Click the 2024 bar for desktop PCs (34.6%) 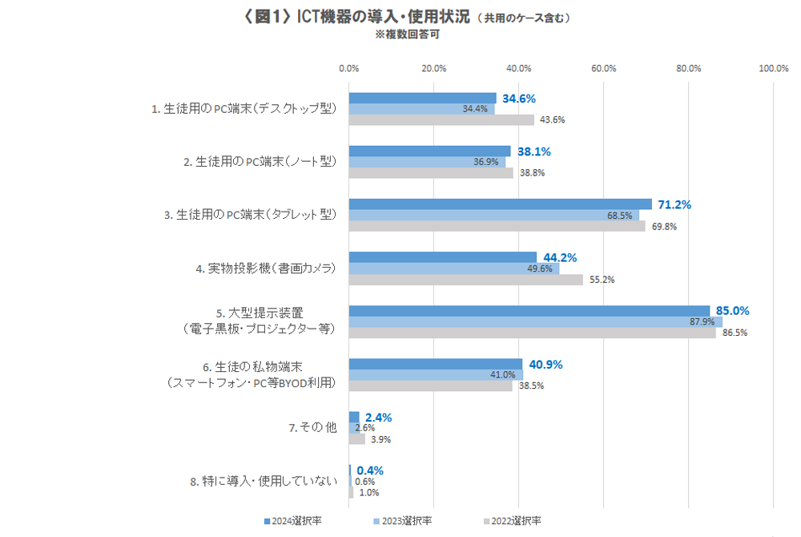422,99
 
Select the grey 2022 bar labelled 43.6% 441,120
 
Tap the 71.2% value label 674,204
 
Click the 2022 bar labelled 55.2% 465,280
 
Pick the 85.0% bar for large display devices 529,311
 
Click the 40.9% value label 545,364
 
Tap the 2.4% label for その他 378,418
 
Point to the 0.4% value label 370,470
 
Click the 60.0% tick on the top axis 603,68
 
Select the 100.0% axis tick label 773,68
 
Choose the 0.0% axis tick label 348,68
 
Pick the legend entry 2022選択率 512,521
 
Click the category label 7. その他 312,428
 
